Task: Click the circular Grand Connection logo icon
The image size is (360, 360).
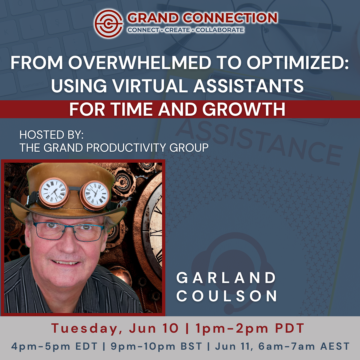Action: click(x=108, y=23)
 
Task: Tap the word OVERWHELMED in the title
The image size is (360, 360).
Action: click(x=139, y=62)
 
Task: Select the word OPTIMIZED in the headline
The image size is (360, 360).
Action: click(x=298, y=62)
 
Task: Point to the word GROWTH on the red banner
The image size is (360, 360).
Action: click(x=244, y=109)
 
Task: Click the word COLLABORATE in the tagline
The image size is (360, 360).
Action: click(x=220, y=30)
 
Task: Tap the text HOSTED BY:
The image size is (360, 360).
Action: click(x=51, y=135)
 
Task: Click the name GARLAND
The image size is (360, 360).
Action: click(x=226, y=278)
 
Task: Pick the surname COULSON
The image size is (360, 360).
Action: click(x=227, y=296)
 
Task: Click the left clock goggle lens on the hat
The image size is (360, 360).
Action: click(x=53, y=191)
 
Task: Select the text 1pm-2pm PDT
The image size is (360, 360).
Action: click(x=250, y=328)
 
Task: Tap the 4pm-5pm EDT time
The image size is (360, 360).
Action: click(x=54, y=346)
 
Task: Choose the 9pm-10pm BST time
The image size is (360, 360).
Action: click(x=156, y=346)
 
